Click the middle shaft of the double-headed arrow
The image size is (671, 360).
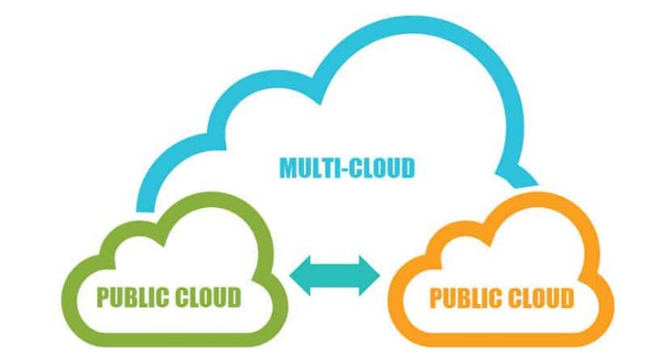(x=335, y=277)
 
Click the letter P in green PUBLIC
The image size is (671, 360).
(x=102, y=297)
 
